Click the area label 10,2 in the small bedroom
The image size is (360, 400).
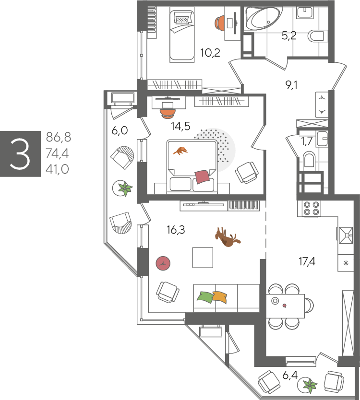coord(210,53)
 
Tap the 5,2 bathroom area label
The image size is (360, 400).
coord(289,35)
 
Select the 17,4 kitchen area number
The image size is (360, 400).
coord(307,261)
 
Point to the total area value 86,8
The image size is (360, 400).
coord(59,137)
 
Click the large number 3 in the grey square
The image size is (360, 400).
coord(20,154)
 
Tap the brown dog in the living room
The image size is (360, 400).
coord(227,237)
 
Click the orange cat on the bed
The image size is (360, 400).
coord(180,151)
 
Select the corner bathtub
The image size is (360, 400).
coord(264,18)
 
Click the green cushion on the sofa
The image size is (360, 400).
coord(205,297)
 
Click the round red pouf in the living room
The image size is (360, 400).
coord(163,263)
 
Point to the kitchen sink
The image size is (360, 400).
coord(346,235)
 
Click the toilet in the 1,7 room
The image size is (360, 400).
coord(309,160)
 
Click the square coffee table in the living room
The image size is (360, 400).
coord(203,258)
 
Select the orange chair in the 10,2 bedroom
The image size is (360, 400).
coord(219,23)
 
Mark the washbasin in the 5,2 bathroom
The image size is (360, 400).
coord(305,12)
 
